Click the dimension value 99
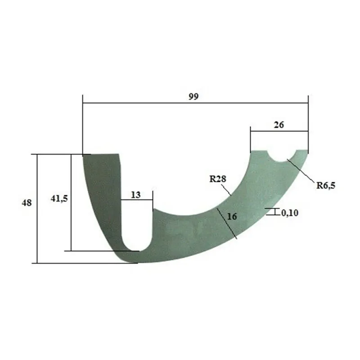pos(193,97)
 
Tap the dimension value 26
pos(279,125)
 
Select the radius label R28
pos(218,179)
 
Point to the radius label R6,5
pos(326,185)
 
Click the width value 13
pos(136,195)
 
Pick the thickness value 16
pos(232,216)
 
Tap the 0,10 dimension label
pos(290,213)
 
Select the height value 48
pos(27,203)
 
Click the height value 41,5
pos(59,198)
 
